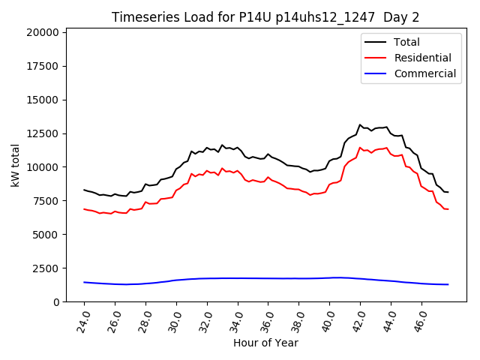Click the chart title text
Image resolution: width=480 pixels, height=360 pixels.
(266, 17)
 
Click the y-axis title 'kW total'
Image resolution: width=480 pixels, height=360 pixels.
(16, 165)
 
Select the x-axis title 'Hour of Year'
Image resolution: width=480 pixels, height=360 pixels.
(266, 343)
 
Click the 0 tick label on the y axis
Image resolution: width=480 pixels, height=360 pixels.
(57, 301)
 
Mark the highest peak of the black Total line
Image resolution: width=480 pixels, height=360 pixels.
(360, 125)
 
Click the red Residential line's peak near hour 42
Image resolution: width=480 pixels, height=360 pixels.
(360, 148)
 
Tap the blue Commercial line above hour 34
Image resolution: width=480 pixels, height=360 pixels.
(238, 278)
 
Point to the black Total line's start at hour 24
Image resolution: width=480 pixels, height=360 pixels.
(84, 190)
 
